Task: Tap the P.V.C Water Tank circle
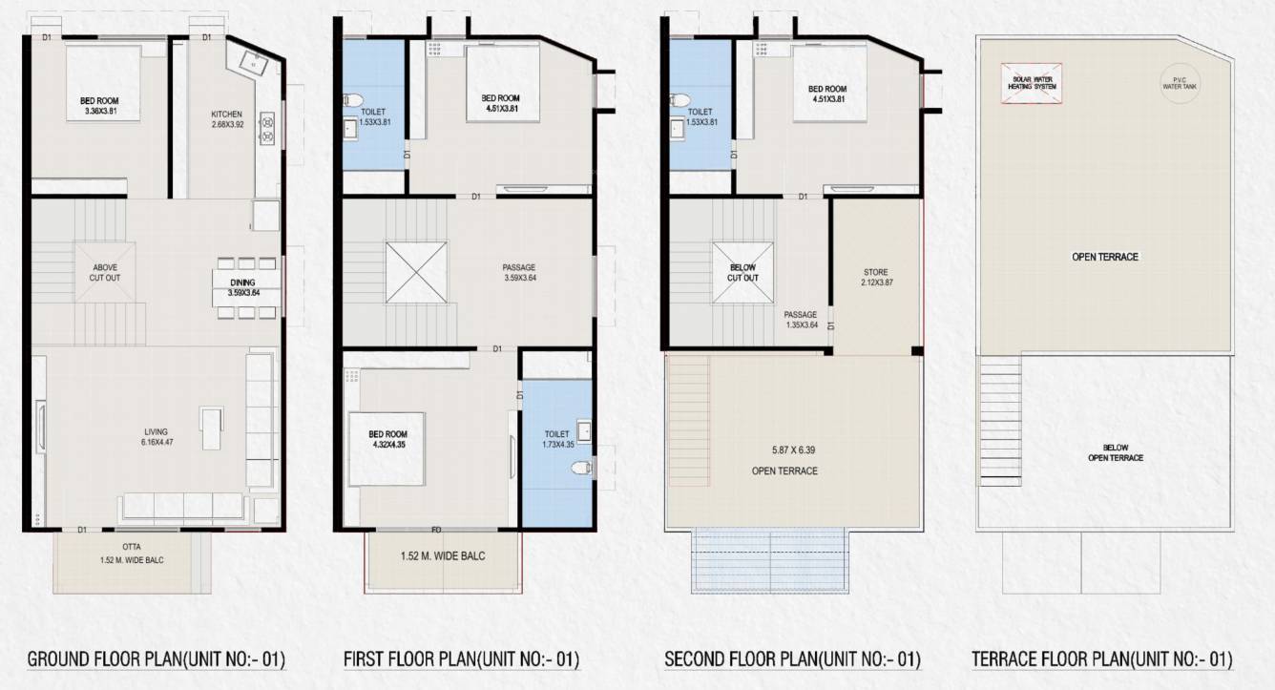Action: click(1172, 82)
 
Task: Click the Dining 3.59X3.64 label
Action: click(244, 287)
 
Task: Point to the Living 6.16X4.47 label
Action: click(161, 437)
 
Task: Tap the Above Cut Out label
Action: click(105, 272)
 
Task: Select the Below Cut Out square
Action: click(742, 272)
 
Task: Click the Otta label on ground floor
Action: click(131, 548)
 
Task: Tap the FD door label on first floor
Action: click(436, 530)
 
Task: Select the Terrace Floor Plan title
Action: click(1101, 659)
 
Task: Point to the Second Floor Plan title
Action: click(792, 659)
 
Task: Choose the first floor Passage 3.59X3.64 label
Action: click(520, 272)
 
